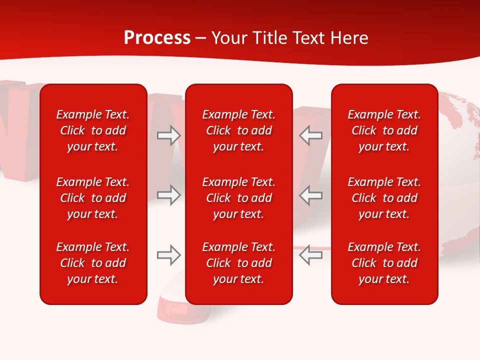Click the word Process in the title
[x=157, y=38]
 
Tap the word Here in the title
[x=349, y=38]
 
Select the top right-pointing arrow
[x=169, y=135]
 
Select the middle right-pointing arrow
[x=169, y=195]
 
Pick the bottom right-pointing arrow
[x=169, y=255]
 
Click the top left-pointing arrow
[x=311, y=135]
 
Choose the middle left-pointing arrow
[x=311, y=195]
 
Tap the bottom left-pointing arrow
[x=311, y=255]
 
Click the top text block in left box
[x=93, y=130]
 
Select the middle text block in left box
[x=93, y=198]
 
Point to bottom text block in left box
[x=93, y=263]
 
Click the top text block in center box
[x=238, y=130]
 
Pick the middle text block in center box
[x=238, y=198]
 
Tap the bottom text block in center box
[x=238, y=263]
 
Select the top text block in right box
[x=384, y=130]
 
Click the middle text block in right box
[x=384, y=198]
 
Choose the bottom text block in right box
[x=384, y=263]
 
